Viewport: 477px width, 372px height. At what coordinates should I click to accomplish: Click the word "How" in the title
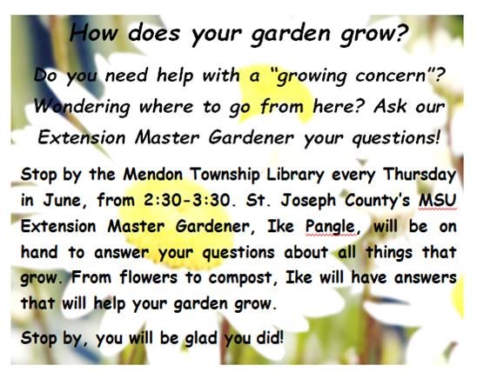(94, 33)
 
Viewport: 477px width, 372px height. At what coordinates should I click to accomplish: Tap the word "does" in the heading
(154, 33)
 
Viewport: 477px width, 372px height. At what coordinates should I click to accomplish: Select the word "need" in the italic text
(126, 75)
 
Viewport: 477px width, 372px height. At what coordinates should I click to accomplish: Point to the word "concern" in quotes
(390, 76)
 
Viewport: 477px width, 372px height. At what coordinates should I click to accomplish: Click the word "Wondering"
(82, 107)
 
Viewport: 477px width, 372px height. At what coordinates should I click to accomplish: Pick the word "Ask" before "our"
(391, 106)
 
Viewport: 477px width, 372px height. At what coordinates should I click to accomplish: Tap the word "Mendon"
(153, 175)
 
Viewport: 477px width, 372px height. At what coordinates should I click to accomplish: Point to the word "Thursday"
(420, 176)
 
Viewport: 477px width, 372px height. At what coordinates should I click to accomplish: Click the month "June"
(62, 201)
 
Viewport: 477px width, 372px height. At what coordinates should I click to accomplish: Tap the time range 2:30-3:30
(186, 201)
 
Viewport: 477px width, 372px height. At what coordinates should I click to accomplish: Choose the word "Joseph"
(308, 202)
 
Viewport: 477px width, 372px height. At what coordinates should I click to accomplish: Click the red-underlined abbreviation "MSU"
(438, 201)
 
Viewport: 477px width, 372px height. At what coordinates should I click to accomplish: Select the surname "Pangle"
(331, 227)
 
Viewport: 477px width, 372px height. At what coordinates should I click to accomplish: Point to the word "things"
(389, 253)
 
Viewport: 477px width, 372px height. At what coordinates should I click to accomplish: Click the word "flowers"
(149, 278)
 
